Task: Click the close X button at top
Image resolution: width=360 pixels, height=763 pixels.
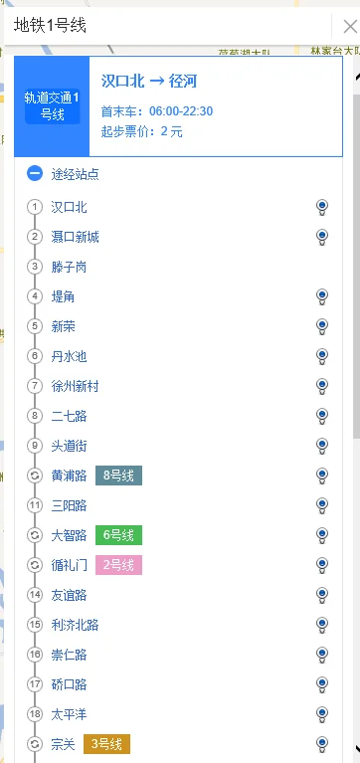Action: pos(348,26)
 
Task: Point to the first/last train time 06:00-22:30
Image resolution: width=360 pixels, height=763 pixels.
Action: pos(181,110)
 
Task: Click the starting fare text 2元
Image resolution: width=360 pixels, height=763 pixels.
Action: pos(171,131)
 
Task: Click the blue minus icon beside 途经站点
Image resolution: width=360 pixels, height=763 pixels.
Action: pos(35,174)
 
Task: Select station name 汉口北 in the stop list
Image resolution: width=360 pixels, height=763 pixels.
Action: pos(70,207)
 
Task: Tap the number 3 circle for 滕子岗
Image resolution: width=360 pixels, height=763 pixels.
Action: pos(35,267)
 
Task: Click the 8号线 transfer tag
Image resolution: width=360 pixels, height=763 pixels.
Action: pos(118,476)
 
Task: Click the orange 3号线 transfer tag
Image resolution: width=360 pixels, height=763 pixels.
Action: pos(107,744)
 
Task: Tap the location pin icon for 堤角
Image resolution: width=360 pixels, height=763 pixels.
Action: pos(322,296)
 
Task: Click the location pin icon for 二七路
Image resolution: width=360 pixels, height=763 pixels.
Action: pos(322,416)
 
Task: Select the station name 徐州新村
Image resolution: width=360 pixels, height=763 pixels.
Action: pos(76,386)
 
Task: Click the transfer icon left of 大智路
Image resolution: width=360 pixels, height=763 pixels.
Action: pos(35,535)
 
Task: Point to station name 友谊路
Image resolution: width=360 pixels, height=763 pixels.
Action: pos(70,595)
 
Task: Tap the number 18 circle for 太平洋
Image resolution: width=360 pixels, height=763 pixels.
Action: pos(35,714)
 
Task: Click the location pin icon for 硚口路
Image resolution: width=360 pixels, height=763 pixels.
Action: pos(322,684)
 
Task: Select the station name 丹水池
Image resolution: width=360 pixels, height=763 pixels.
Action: pos(70,356)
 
